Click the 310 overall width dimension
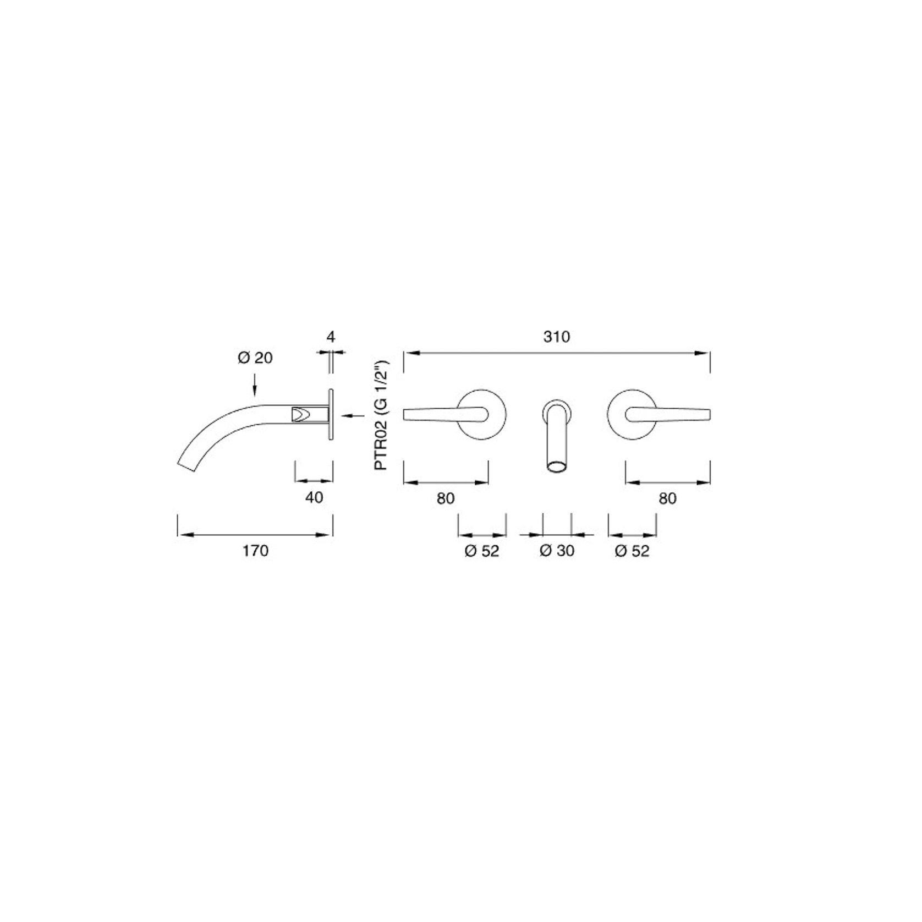[557, 337]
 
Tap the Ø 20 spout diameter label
[255, 358]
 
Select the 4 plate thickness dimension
[331, 337]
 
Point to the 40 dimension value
[314, 497]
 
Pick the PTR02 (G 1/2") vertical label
[381, 414]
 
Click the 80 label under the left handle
[446, 498]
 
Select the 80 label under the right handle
[667, 498]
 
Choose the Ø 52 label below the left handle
[482, 551]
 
